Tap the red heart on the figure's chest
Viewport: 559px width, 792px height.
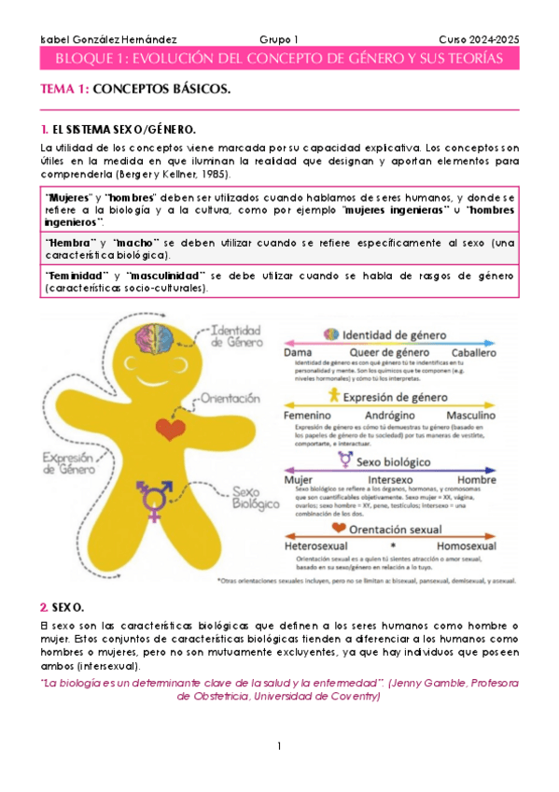[170, 429]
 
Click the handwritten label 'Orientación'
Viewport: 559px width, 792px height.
[231, 398]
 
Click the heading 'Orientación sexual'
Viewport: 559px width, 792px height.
[396, 529]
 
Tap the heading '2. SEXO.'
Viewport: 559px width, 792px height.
[63, 606]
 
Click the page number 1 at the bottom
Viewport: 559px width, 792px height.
[279, 746]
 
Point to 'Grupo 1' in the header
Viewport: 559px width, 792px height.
[279, 39]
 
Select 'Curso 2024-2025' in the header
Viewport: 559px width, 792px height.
[479, 39]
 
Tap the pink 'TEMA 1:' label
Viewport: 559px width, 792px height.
[64, 89]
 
